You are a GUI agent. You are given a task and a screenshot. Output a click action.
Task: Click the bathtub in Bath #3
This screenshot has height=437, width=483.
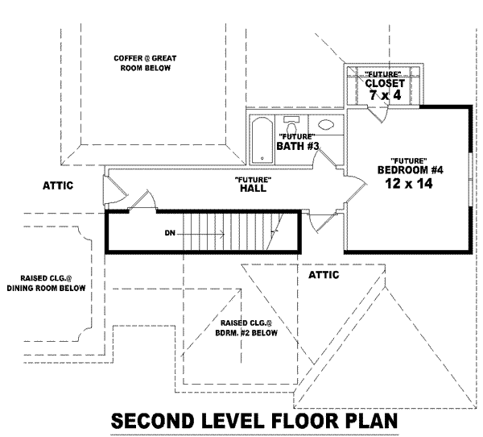pyautogui.click(x=262, y=140)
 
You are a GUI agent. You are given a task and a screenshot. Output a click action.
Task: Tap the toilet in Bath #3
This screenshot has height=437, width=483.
pyautogui.click(x=291, y=124)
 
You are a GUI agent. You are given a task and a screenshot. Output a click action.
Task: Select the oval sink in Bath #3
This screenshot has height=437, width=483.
pyautogui.click(x=326, y=125)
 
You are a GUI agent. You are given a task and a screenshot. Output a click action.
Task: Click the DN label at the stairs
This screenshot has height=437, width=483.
pyautogui.click(x=170, y=233)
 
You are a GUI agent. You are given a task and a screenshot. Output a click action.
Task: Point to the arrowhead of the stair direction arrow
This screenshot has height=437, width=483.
pyautogui.click(x=222, y=235)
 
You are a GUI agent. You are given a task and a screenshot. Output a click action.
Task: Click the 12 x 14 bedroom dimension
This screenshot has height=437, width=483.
pyautogui.click(x=409, y=184)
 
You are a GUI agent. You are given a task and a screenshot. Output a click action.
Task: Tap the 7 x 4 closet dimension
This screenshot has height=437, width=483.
pyautogui.click(x=386, y=95)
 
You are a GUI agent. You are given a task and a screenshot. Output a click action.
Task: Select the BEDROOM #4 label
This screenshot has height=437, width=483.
pyautogui.click(x=411, y=170)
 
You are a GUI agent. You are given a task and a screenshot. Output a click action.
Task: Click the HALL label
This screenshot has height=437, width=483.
pyautogui.click(x=254, y=188)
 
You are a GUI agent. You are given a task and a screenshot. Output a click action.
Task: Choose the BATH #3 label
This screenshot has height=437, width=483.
pyautogui.click(x=298, y=146)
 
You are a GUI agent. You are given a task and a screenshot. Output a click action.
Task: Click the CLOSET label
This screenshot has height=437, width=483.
pyautogui.click(x=385, y=83)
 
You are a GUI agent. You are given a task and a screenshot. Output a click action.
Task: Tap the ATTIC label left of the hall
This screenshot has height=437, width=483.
pyautogui.click(x=58, y=185)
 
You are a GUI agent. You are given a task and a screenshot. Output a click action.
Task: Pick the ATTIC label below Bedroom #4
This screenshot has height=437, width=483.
pyautogui.click(x=324, y=275)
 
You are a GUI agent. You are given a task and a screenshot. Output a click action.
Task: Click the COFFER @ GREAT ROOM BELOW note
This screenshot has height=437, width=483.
pyautogui.click(x=145, y=63)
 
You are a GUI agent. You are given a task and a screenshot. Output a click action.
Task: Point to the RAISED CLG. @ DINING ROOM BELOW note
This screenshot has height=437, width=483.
pyautogui.click(x=46, y=283)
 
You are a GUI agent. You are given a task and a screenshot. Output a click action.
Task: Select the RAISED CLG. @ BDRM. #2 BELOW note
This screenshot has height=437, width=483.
pyautogui.click(x=246, y=327)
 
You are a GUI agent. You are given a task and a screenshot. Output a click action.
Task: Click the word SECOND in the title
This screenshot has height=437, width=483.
pyautogui.click(x=155, y=421)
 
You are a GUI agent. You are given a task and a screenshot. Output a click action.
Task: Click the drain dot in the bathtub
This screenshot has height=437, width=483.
pyautogui.click(x=262, y=158)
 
